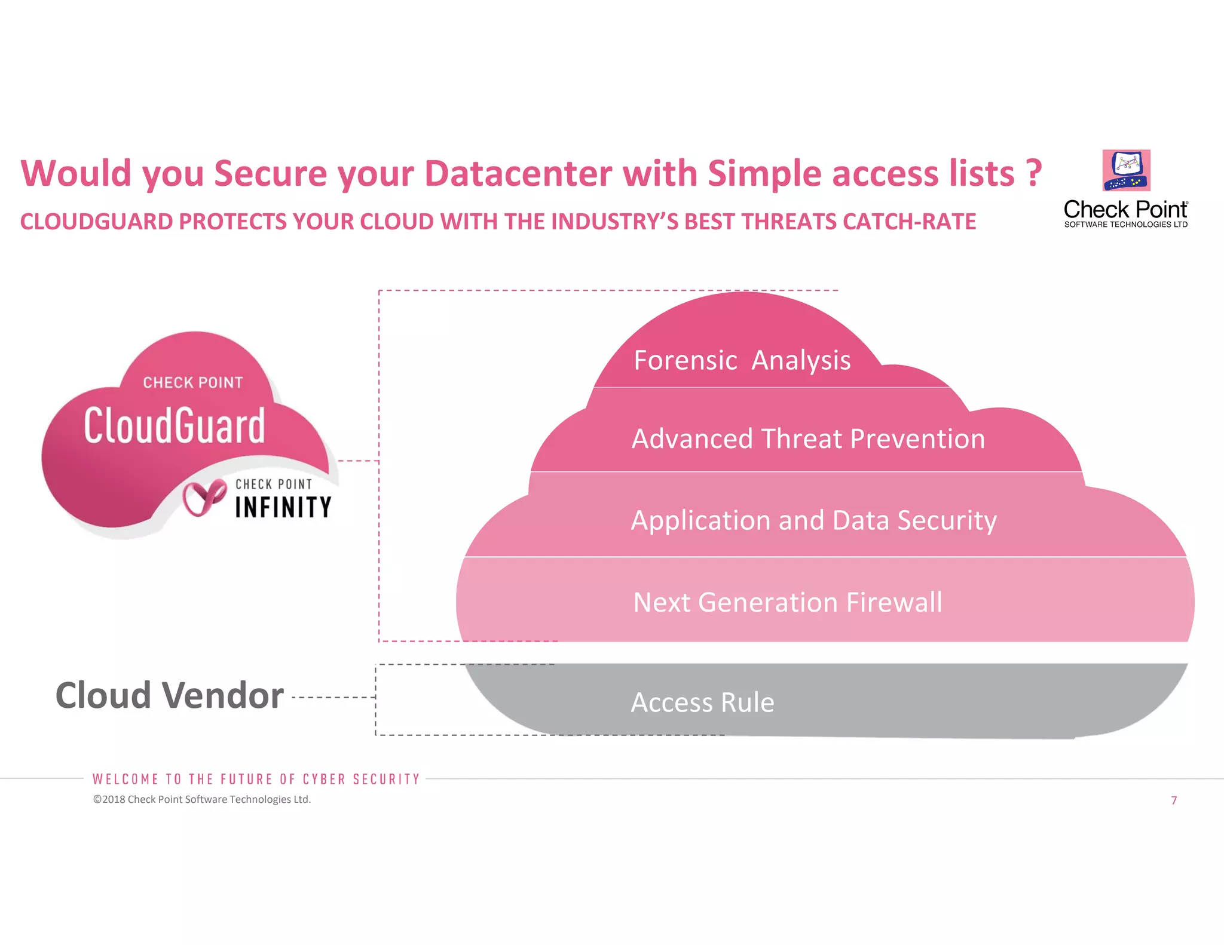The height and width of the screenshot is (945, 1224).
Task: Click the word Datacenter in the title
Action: [518, 174]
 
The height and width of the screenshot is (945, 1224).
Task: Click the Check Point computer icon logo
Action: [1126, 170]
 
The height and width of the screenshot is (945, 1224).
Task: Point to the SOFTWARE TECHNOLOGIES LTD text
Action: [1125, 225]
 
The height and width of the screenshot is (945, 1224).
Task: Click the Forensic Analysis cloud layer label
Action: [742, 360]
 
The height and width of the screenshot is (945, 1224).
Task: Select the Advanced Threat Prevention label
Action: [808, 439]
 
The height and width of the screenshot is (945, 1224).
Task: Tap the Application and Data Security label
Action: [813, 520]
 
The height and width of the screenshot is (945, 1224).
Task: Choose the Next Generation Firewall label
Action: [787, 602]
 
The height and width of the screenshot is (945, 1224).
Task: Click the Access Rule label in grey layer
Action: [702, 702]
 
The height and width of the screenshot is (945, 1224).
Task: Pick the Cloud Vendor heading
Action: [169, 696]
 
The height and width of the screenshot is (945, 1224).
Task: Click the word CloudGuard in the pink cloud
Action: [174, 425]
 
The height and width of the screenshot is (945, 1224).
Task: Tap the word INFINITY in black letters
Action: [283, 508]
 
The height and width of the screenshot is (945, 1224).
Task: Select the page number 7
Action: [1174, 800]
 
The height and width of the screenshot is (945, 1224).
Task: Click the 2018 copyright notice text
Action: [202, 799]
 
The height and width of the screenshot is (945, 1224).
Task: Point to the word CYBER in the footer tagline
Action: [324, 780]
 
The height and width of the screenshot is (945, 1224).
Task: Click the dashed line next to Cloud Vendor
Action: [333, 697]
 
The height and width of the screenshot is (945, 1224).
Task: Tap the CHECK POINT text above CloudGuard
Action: [192, 382]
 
